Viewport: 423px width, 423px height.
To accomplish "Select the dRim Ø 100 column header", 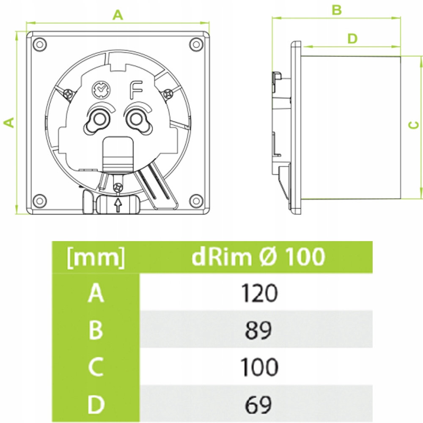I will tap(258, 257).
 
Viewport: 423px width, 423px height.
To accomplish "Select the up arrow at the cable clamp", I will tap(118, 205).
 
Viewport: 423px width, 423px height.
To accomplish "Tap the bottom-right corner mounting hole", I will tap(196, 199).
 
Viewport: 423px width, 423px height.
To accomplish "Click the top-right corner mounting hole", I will tap(196, 44).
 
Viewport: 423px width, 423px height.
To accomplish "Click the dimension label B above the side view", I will tap(336, 10).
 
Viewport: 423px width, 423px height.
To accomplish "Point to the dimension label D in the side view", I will tap(352, 39).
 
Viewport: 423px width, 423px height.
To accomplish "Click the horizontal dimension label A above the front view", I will tap(118, 16).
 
